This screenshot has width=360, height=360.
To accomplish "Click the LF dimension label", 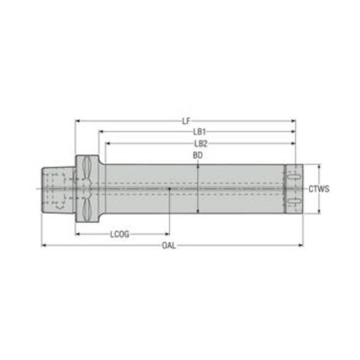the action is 186,121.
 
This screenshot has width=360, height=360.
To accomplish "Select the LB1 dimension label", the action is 199,132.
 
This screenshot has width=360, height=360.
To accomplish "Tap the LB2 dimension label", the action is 200,143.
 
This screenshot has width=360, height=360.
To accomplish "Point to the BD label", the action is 197,155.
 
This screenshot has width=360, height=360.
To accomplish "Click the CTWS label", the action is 319,189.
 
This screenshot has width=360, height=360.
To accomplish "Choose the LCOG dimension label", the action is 120,234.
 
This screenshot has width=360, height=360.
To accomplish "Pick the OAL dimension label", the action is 169,246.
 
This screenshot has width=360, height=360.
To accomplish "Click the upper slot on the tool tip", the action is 294,176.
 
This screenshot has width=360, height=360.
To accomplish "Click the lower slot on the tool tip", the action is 294,201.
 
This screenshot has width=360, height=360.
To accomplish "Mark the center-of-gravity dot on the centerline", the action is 169,189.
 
